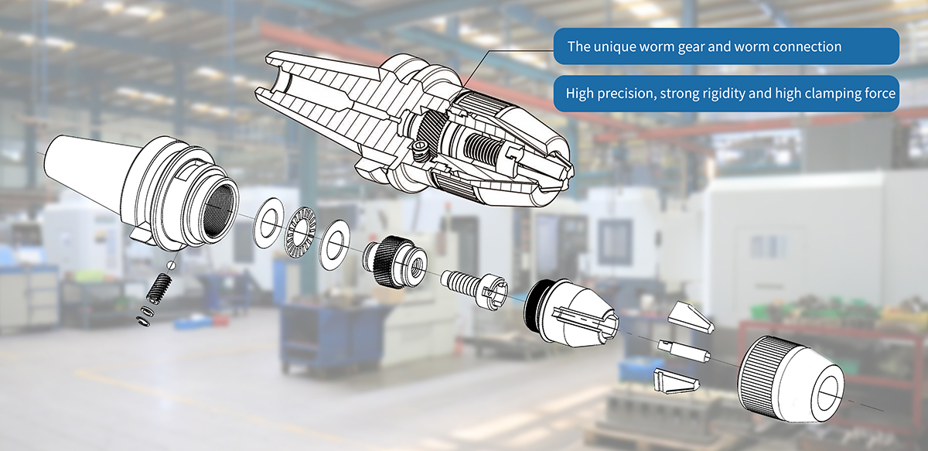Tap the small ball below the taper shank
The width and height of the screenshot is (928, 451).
click(x=170, y=265)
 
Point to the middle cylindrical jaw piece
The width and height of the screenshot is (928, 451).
click(x=683, y=350)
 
